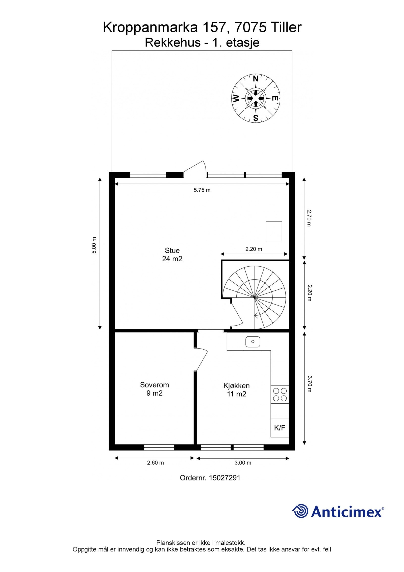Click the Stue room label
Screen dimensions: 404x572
(172, 255)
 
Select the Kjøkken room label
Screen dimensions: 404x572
(237, 390)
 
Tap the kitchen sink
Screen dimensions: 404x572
(253, 342)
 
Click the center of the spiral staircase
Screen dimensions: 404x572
(255, 298)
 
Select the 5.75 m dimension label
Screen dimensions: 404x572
(202, 190)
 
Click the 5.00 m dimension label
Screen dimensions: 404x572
(94, 245)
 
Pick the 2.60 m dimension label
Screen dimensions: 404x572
(156, 463)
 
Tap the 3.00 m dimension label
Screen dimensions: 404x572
(243, 463)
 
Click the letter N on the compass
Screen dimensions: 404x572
(256, 79)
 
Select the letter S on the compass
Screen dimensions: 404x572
(256, 118)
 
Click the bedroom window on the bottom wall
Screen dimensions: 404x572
(159, 447)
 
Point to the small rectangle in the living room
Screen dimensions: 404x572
(274, 231)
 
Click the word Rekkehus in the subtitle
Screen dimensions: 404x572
(173, 42)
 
